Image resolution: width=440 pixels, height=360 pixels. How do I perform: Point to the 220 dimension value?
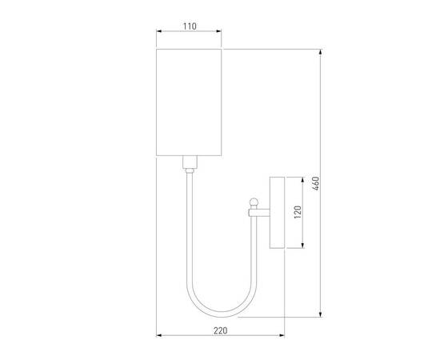point(221,329)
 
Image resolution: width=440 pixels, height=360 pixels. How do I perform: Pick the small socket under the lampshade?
point(190,166)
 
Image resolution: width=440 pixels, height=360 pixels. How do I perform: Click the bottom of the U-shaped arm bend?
point(215,313)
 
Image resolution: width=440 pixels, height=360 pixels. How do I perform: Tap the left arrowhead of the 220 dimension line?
point(158,335)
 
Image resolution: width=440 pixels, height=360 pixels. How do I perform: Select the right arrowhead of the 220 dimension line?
point(284,335)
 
